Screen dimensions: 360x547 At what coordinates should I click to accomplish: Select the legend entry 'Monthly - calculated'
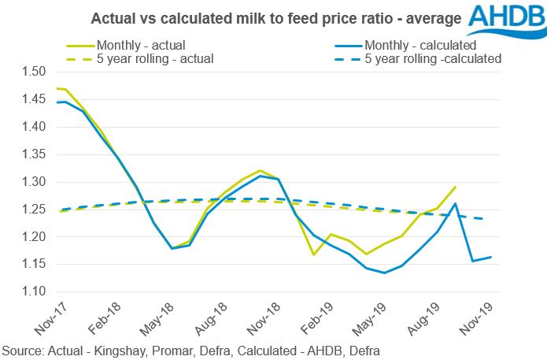coord(416,43)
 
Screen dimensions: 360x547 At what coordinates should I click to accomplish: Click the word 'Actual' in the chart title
coord(111,17)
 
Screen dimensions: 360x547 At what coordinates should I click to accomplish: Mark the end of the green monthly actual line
coord(456,187)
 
